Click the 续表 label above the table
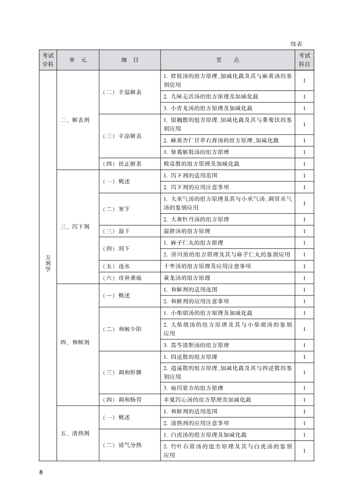coord(296,44)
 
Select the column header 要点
coord(227,60)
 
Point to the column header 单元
coord(78,60)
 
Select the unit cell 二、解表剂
coord(75,119)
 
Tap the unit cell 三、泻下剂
coord(75,227)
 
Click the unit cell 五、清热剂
coord(75,434)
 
